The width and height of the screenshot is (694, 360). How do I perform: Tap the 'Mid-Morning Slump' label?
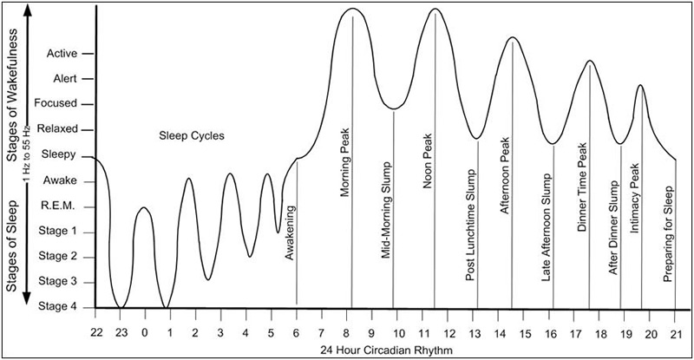[385, 212]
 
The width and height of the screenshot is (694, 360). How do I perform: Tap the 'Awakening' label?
[290, 232]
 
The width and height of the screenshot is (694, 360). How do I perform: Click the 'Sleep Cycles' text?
[192, 136]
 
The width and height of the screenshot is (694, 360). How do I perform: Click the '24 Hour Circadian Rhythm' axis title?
[385, 350]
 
